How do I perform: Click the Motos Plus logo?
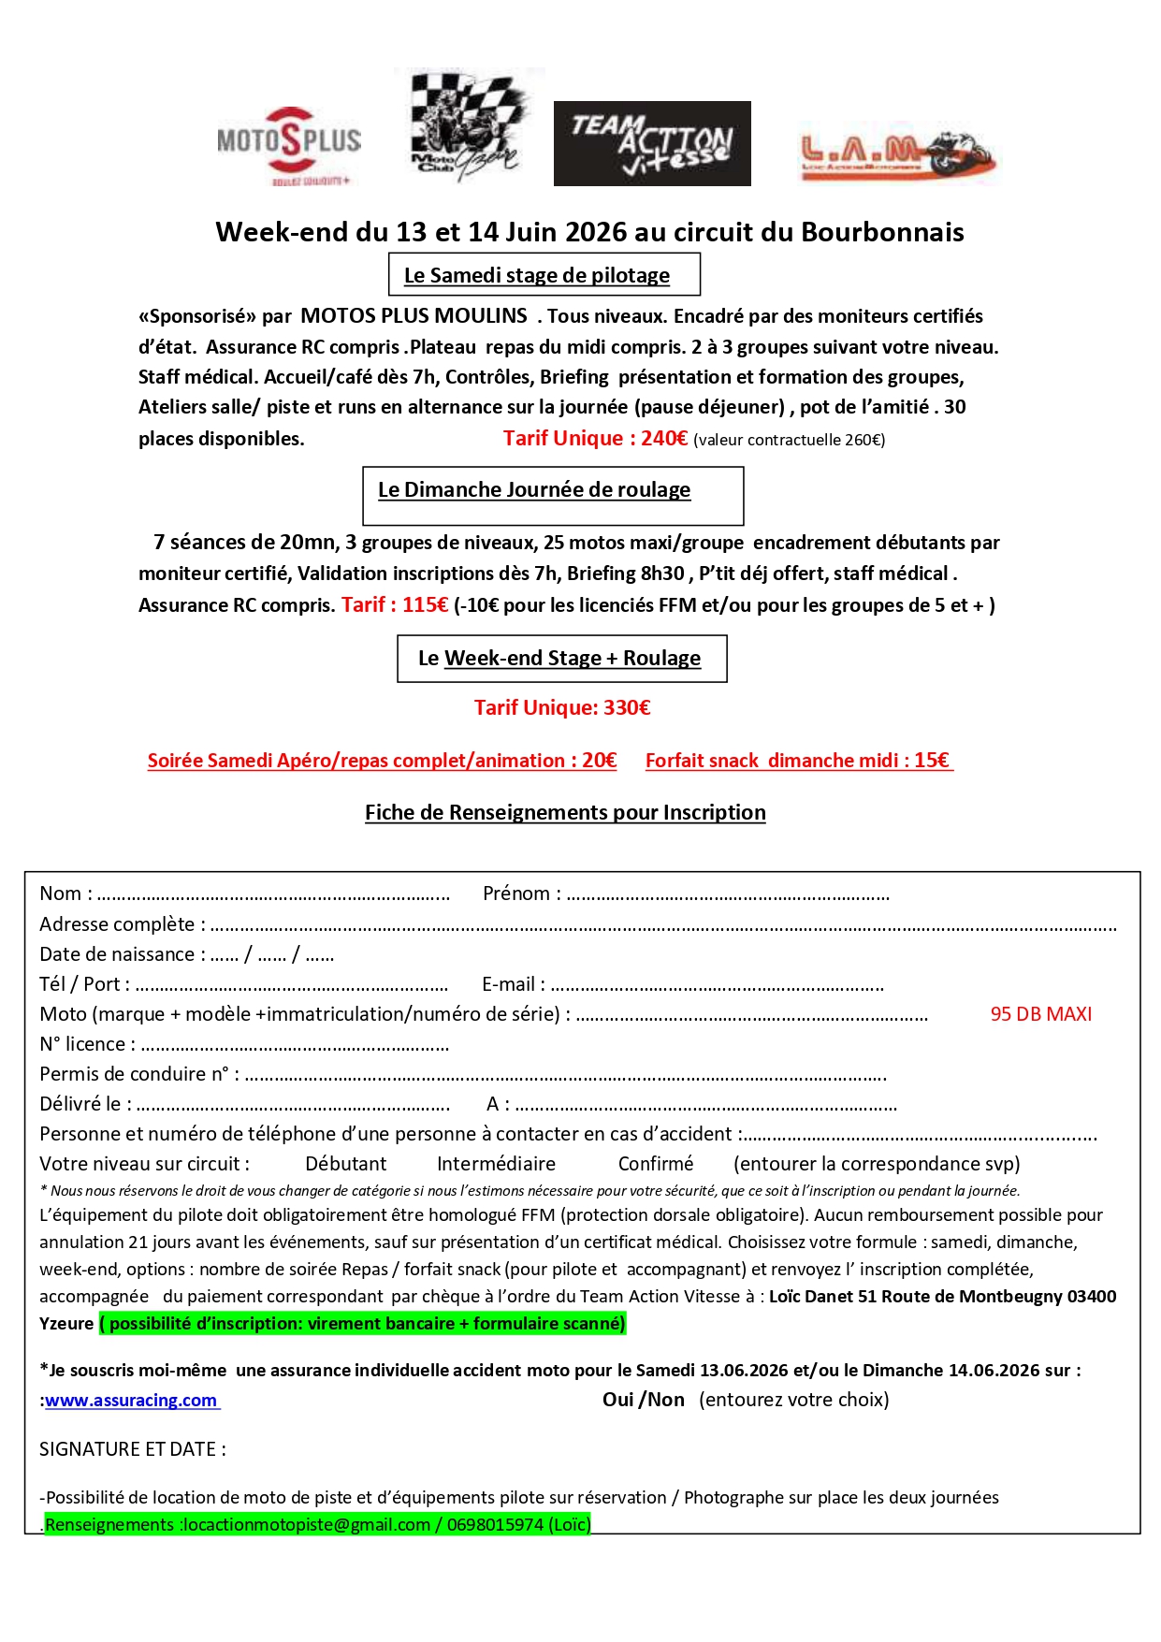(x=288, y=143)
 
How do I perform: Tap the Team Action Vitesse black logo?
(x=652, y=143)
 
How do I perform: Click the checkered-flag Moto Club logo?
(x=469, y=125)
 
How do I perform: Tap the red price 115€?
(x=425, y=605)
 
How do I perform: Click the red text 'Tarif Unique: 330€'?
(x=561, y=707)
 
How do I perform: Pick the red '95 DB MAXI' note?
(x=1040, y=1014)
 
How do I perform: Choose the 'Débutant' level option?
(x=345, y=1164)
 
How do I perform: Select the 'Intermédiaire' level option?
(x=496, y=1164)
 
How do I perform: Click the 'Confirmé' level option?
(x=656, y=1164)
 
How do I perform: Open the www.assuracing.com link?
(x=131, y=1401)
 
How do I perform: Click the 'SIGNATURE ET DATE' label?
(x=132, y=1449)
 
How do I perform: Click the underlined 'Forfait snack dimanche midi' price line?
(x=798, y=761)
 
